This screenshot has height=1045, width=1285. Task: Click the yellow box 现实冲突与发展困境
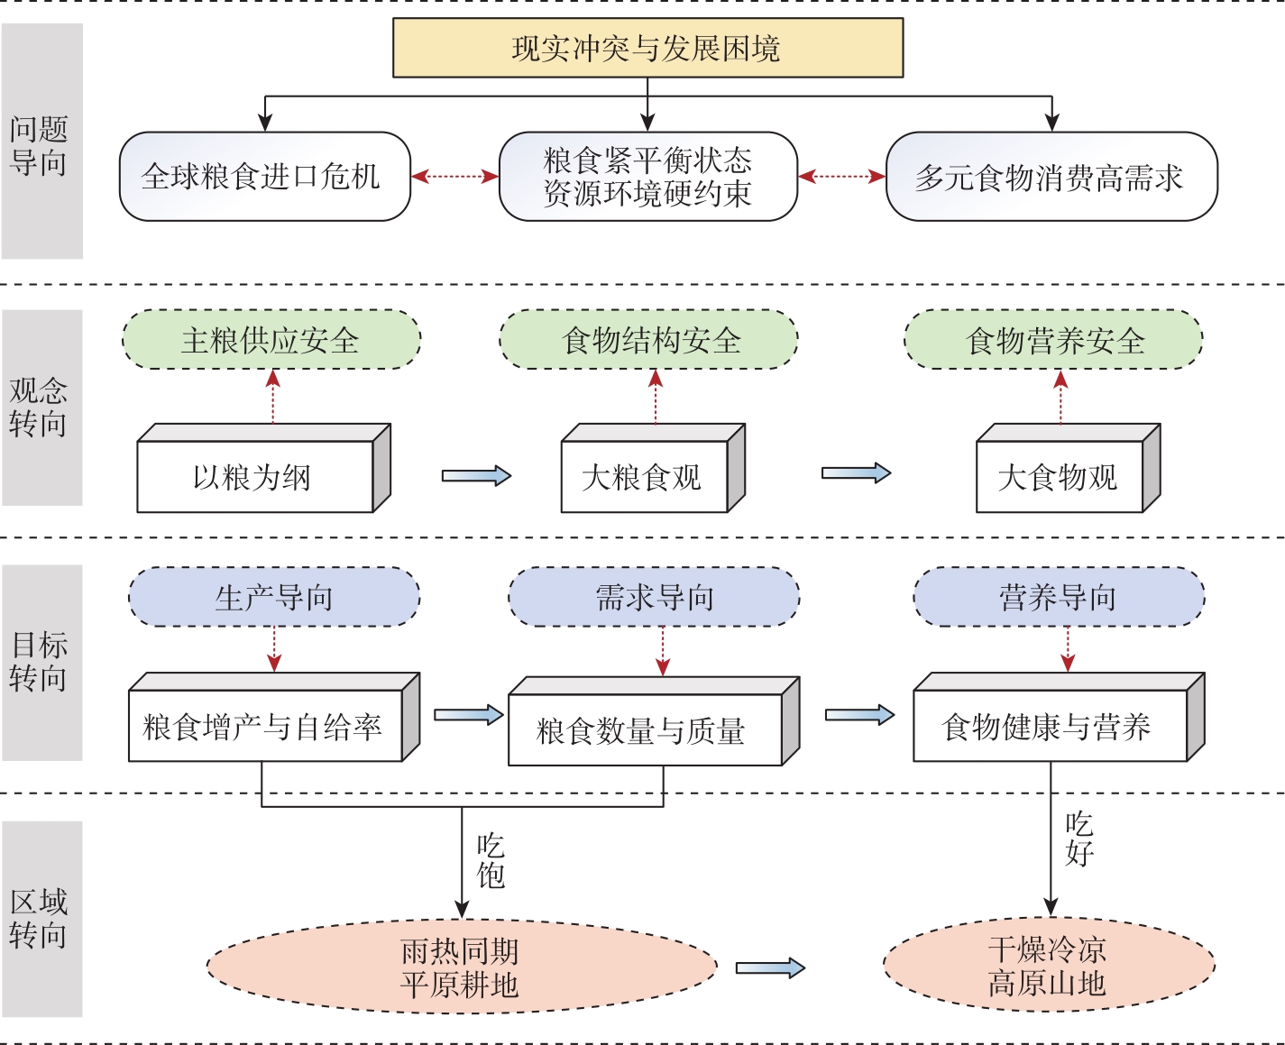coord(647,49)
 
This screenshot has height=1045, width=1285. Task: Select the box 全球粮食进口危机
coord(264,177)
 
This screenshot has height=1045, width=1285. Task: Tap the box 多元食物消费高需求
coord(1051,177)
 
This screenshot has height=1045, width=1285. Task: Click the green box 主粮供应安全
coord(271,340)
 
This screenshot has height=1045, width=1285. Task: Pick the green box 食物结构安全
coord(649,340)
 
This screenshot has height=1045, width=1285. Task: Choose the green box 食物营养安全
coord(1053,340)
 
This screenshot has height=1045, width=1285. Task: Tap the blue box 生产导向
coord(274,597)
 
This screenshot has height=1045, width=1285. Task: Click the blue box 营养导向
coord(1059,597)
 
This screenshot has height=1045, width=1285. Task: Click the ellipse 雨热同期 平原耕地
coord(461,967)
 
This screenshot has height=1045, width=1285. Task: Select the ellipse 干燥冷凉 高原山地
coord(1048,966)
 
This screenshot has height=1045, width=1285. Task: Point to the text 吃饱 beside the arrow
coord(491,860)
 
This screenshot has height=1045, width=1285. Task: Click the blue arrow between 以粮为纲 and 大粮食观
coord(476,476)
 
